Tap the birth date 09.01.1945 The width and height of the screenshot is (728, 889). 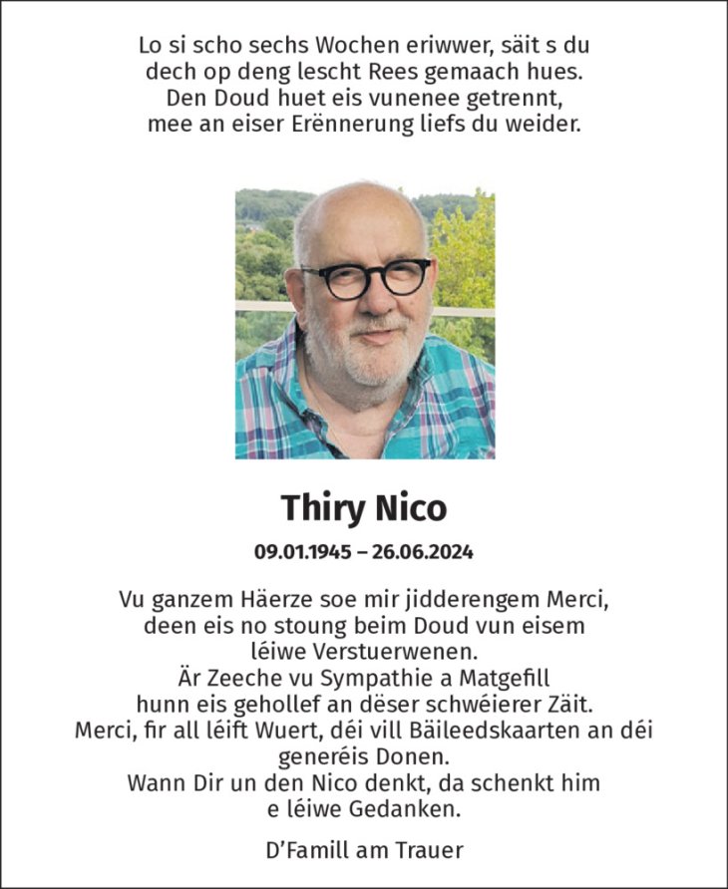tap(302, 551)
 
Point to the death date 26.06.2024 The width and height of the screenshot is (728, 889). tap(422, 551)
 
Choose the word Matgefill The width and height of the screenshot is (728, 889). tap(512, 678)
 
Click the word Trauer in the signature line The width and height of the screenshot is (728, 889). tap(431, 850)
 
